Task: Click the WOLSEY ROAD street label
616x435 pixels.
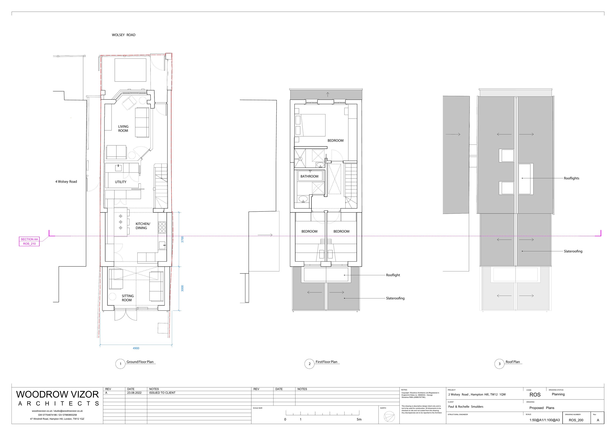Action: (x=123, y=35)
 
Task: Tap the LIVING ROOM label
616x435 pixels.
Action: (x=123, y=129)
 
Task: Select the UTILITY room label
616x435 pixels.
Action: (x=121, y=182)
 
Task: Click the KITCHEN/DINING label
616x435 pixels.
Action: (x=143, y=226)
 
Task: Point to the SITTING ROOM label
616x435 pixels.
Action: (x=128, y=298)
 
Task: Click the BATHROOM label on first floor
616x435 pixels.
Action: (x=309, y=176)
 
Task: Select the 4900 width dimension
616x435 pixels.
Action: (x=136, y=348)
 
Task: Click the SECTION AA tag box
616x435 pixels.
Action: (x=29, y=241)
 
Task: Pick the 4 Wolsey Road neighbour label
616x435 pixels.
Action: (x=66, y=181)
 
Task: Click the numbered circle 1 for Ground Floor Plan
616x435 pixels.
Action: (x=121, y=364)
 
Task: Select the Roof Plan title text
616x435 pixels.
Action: (x=513, y=362)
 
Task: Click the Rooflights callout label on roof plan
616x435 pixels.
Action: (x=571, y=178)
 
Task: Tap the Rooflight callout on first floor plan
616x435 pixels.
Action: (x=393, y=275)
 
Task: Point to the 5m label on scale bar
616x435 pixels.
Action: (x=359, y=419)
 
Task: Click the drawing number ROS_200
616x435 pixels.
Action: (x=576, y=420)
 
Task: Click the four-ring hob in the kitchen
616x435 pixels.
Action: (x=162, y=227)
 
